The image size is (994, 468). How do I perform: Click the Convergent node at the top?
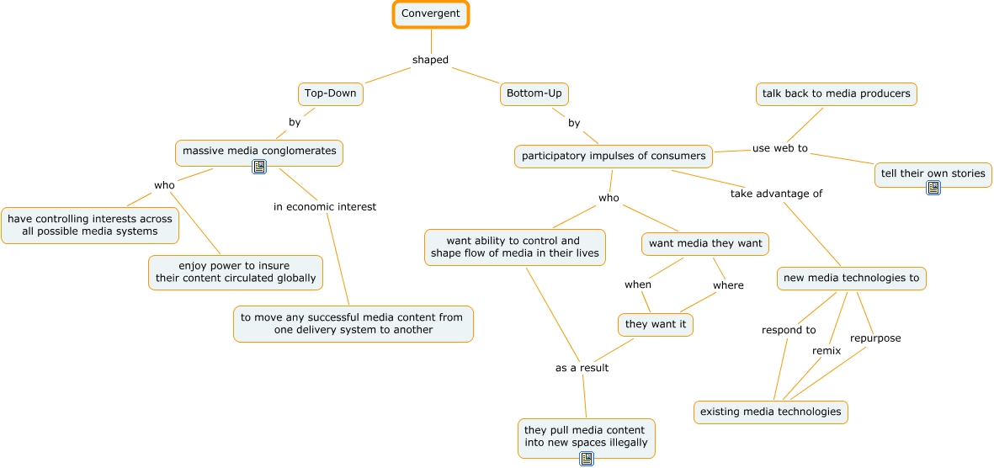431,14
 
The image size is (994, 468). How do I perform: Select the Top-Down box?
331,93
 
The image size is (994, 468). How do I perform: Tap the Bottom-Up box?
534,93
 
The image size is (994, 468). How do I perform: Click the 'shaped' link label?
430,60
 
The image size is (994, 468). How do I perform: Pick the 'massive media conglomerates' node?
259,152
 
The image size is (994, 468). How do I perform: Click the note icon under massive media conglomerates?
259,168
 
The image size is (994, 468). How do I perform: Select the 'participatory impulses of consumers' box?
614,157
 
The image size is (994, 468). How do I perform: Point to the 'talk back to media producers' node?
836,94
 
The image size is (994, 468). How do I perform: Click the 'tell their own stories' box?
933,174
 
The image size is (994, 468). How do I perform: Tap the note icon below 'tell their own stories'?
933,188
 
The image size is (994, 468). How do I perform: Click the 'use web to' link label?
779,148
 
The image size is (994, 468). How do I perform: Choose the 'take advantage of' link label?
776,194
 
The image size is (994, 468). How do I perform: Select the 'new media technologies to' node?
851,279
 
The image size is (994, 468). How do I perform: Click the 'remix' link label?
827,351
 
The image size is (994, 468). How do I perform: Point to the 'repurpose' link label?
875,338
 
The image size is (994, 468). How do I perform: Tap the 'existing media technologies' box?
770,412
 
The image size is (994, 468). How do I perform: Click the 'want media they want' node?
705,244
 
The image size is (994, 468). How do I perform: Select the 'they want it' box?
656,324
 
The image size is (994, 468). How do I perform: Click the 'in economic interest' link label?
325,207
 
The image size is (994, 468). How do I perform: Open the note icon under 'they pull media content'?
587,459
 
